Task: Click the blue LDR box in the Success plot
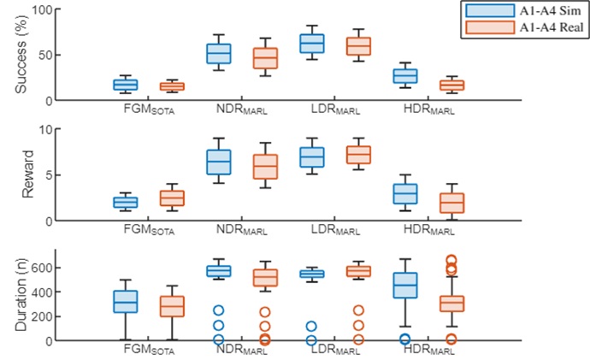pos(311,43)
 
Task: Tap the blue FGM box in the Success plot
pos(126,84)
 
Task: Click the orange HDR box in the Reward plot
pos(451,203)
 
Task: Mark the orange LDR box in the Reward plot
pos(357,154)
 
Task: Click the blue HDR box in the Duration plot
pos(405,286)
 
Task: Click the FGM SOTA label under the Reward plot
pos(150,229)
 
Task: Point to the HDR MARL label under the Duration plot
pos(428,350)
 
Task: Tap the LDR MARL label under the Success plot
pos(335,109)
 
